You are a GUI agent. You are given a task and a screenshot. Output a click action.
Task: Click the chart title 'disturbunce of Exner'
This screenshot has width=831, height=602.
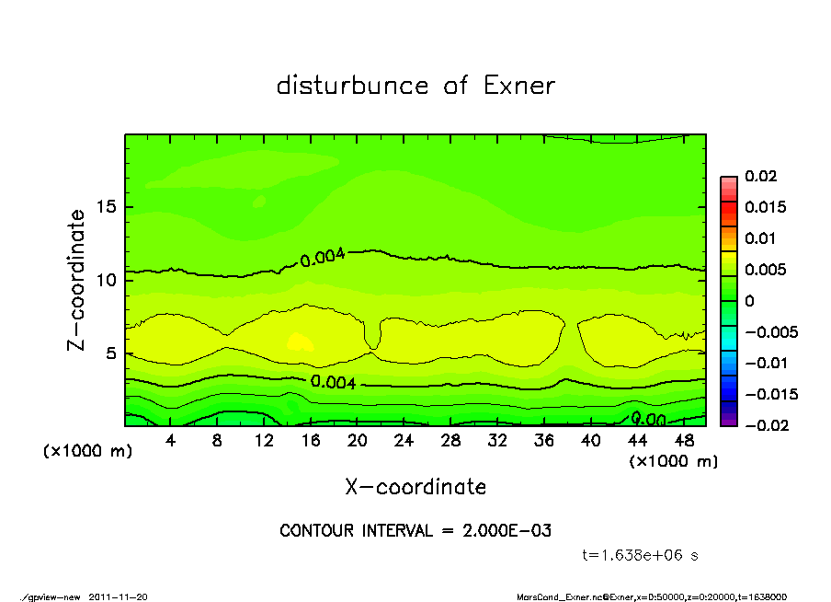pos(415,86)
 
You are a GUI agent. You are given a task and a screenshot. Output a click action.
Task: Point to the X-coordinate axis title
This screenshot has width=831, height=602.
pos(415,487)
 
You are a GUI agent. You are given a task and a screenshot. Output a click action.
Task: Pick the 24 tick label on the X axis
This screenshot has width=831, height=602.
pos(404,442)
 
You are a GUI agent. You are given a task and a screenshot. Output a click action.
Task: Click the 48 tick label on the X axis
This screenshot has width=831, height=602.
pos(684,442)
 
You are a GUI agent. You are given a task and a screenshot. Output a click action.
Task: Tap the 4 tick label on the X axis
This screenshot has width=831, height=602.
pos(171,442)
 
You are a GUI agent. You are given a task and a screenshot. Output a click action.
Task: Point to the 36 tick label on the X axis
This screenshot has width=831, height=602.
pos(544,442)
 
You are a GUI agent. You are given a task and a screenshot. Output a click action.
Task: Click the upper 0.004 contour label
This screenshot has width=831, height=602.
pos(323,258)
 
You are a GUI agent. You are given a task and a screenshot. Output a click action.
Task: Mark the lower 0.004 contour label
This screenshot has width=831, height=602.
pos(332,382)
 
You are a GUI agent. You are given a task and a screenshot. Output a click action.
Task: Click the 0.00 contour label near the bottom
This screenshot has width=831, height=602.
pos(648,420)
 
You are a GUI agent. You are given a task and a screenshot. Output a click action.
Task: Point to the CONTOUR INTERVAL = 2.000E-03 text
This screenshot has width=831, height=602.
pos(415,531)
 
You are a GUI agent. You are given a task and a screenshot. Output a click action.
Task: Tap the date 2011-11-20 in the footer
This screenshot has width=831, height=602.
pos(119,596)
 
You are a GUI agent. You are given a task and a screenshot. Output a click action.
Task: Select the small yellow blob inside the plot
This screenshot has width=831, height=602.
pos(300,342)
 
